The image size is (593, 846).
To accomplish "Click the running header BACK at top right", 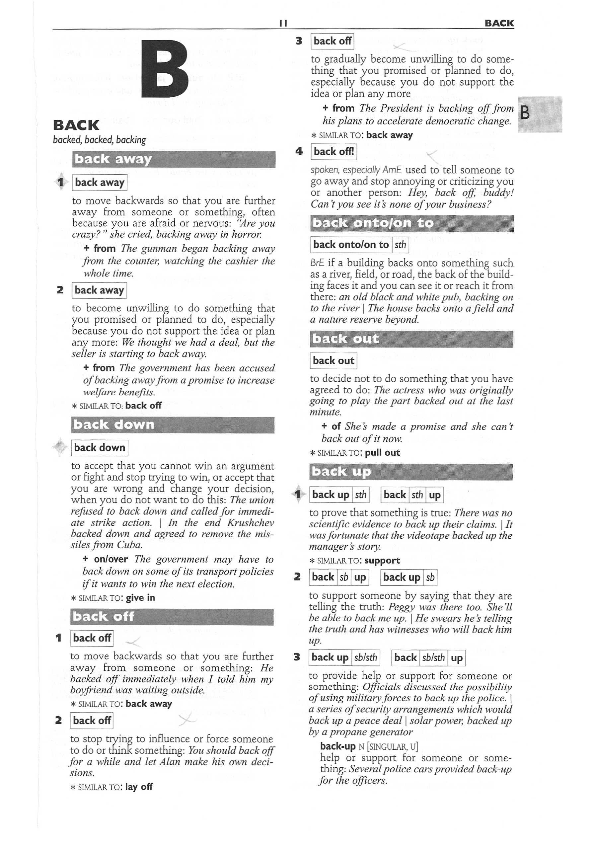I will [x=499, y=23].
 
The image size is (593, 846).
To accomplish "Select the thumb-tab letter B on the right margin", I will [x=526, y=113].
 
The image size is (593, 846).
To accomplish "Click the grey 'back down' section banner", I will [x=172, y=425].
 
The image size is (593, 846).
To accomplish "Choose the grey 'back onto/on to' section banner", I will [x=412, y=223].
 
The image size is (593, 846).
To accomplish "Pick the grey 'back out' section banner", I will [x=411, y=339].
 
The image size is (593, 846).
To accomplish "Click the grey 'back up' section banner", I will [x=411, y=472].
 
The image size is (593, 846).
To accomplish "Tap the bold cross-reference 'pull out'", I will [x=382, y=452].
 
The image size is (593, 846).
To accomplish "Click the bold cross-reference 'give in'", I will [x=140, y=597].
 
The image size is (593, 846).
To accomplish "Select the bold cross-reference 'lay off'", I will [x=139, y=787].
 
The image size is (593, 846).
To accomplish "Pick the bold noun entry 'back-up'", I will [x=337, y=746].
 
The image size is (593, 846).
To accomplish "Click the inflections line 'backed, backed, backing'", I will [x=100, y=140].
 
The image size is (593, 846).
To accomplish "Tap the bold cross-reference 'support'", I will [x=382, y=561].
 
